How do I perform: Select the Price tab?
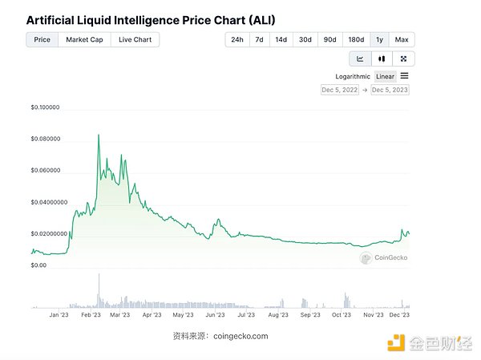[42, 39]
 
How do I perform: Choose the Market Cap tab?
[84, 39]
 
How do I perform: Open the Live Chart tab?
[135, 39]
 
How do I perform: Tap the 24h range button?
[236, 39]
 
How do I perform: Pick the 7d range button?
[259, 39]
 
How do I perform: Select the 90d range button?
[329, 39]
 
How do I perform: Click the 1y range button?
[379, 39]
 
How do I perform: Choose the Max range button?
[402, 39]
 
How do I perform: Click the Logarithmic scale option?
[353, 76]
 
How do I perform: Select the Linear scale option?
[386, 76]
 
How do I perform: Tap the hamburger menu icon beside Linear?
[405, 76]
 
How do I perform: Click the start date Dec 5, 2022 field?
[340, 90]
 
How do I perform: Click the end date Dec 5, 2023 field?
[390, 90]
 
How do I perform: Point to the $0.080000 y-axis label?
[46, 139]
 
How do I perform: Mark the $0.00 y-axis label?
[38, 265]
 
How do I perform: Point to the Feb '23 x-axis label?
[90, 315]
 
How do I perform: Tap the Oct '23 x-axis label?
[341, 315]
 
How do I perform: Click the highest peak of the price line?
[99, 135]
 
